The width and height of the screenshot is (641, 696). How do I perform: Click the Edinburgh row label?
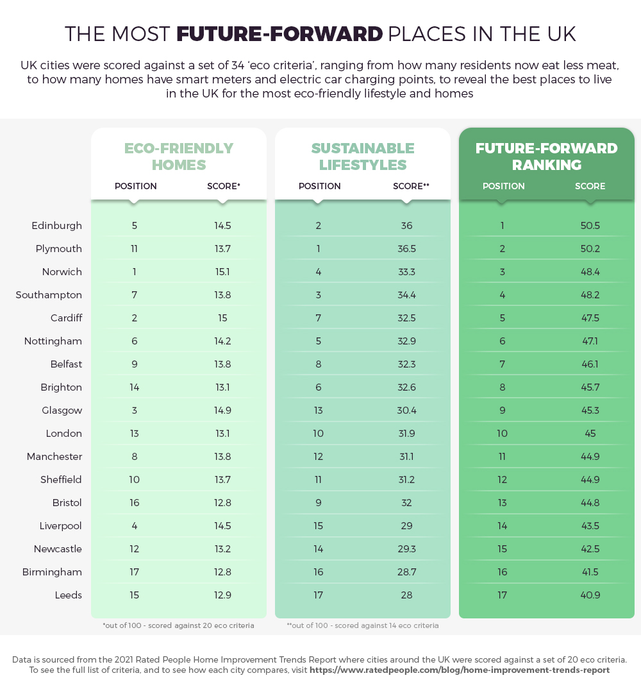56,226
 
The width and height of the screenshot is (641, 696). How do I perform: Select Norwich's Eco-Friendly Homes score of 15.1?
222,272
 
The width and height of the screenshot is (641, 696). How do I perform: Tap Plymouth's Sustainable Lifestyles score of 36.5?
406,249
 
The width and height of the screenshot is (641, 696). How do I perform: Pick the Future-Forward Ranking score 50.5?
590,226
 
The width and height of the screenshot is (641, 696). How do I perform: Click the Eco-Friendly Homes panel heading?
179,157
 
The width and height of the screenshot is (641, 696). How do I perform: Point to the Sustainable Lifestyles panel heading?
363,157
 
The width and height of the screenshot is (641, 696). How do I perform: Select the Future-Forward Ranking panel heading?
547,157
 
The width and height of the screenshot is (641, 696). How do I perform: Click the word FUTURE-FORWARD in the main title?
279,34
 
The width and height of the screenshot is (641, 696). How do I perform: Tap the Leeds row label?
68,595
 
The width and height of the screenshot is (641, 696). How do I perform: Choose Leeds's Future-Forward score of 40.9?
590,595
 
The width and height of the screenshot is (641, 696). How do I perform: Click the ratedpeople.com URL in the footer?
459,670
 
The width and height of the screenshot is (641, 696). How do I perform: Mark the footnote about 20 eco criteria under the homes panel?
178,625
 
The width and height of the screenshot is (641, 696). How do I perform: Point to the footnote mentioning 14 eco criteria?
362,625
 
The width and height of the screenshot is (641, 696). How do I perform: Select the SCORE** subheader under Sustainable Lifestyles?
411,186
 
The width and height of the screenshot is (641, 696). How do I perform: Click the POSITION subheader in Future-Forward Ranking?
503,186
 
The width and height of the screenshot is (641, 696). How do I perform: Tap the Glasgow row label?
62,411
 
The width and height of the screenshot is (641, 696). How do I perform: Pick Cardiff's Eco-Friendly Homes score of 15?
222,318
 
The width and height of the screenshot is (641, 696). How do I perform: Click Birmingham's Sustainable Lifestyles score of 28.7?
406,572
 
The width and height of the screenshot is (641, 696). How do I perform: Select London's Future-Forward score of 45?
590,434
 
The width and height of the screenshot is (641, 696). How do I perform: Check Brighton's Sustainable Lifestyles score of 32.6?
406,387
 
